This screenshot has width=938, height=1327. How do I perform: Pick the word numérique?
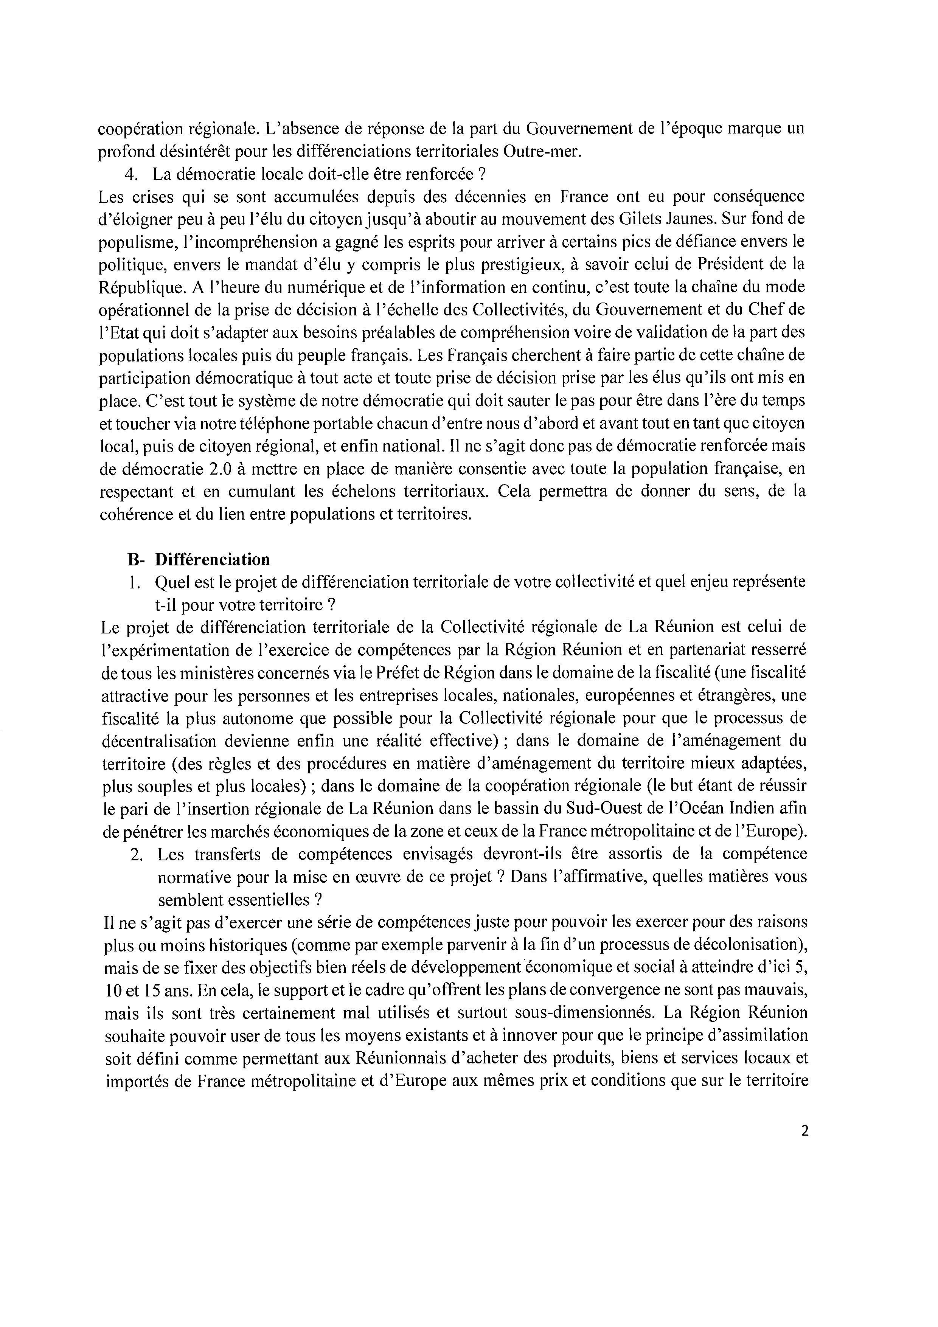point(315,287)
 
